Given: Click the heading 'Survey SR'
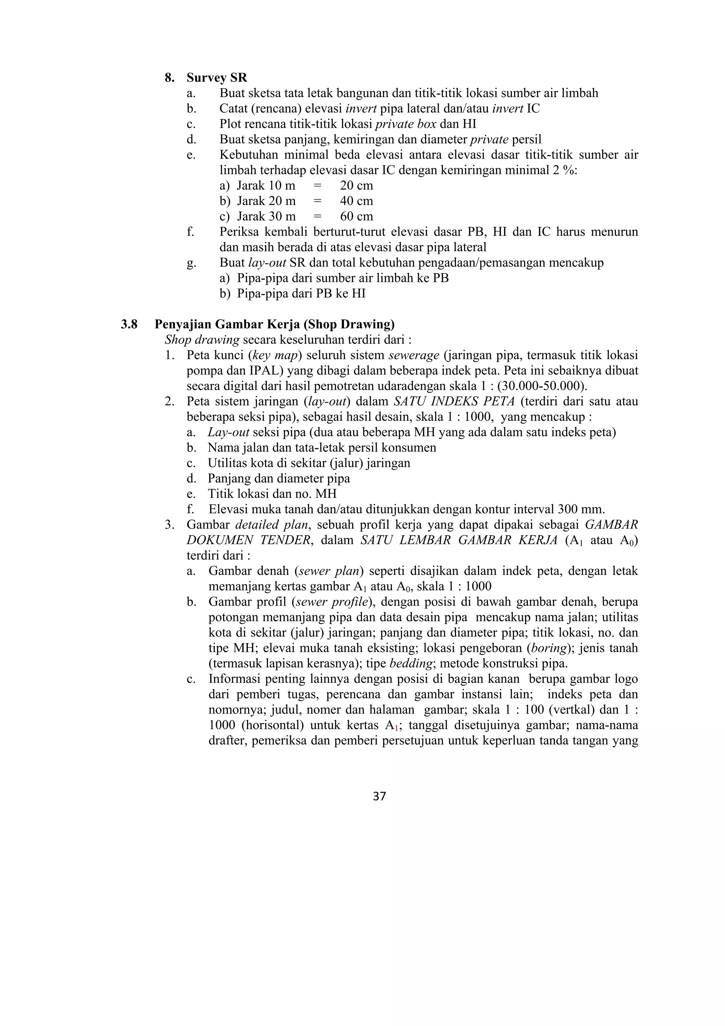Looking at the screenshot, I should pyautogui.click(x=217, y=78).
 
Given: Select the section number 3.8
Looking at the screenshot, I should pyautogui.click(x=129, y=324).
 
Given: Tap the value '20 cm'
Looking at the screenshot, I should pyautogui.click(x=356, y=186).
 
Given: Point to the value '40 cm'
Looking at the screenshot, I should pyautogui.click(x=356, y=201).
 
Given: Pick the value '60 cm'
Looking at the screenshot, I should pyautogui.click(x=356, y=216).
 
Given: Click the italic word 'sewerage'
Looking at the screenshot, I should pyautogui.click(x=414, y=355).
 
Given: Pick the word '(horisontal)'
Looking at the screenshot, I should pyautogui.click(x=279, y=725).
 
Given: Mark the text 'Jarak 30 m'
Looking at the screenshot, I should pyautogui.click(x=266, y=216).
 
